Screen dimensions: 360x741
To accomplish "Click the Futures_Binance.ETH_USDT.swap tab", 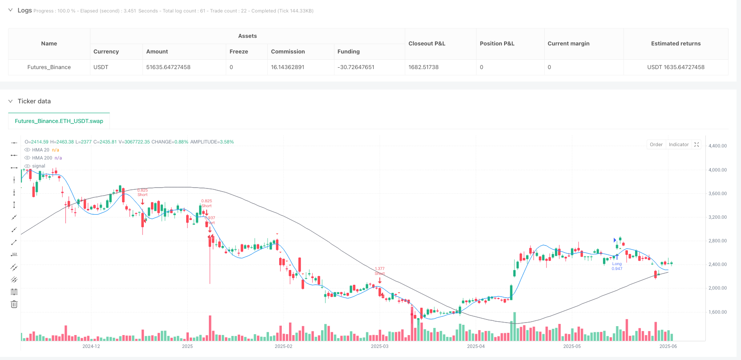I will point(59,121).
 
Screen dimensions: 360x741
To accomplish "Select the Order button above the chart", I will point(656,144).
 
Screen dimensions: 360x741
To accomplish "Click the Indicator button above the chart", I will point(679,144).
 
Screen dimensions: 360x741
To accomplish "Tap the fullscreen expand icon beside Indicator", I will point(697,144).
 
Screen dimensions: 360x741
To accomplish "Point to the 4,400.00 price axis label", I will point(717,146).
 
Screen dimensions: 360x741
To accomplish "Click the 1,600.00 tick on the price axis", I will point(717,312).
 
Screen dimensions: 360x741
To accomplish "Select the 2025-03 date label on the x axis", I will point(379,346).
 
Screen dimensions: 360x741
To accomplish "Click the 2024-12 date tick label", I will point(91,346).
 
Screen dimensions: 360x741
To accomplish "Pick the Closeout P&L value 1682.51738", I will point(423,67).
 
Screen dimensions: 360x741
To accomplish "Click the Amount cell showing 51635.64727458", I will point(168,67).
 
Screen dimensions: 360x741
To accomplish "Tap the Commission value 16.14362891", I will point(288,67).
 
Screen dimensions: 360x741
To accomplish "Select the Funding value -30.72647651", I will point(356,67).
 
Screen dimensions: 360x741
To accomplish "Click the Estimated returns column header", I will point(676,44).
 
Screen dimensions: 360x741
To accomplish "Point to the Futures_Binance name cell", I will point(49,67).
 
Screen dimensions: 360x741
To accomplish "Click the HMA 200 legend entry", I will point(42,158).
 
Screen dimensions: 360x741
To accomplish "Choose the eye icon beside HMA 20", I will point(28,150).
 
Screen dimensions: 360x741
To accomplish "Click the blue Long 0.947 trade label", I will point(617,266).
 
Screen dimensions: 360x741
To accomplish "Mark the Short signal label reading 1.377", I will point(379,271).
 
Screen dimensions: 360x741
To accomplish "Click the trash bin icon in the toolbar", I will point(14,304).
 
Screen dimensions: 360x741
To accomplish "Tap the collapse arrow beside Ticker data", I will point(11,101).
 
